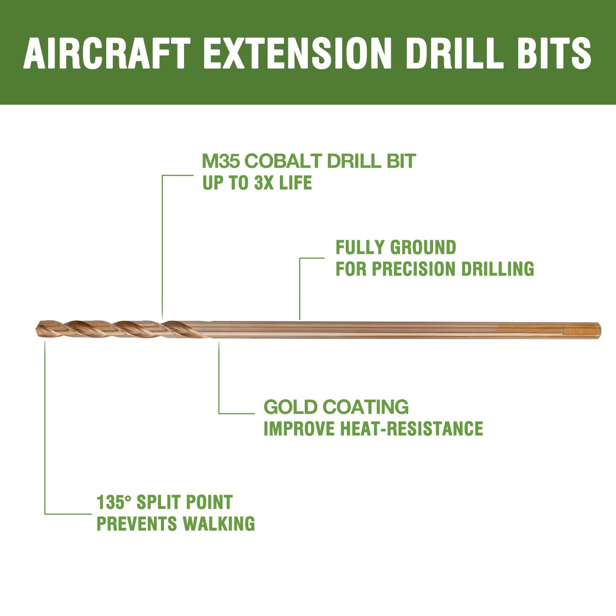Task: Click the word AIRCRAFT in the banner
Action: coord(107,53)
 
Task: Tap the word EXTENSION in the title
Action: coord(297,53)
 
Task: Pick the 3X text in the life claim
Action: coord(264,183)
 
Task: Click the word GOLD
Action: coord(290,407)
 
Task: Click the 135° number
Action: coord(114,502)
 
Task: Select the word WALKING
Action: coord(218,524)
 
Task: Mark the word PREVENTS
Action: coord(137,524)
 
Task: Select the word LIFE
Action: coord(295,183)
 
